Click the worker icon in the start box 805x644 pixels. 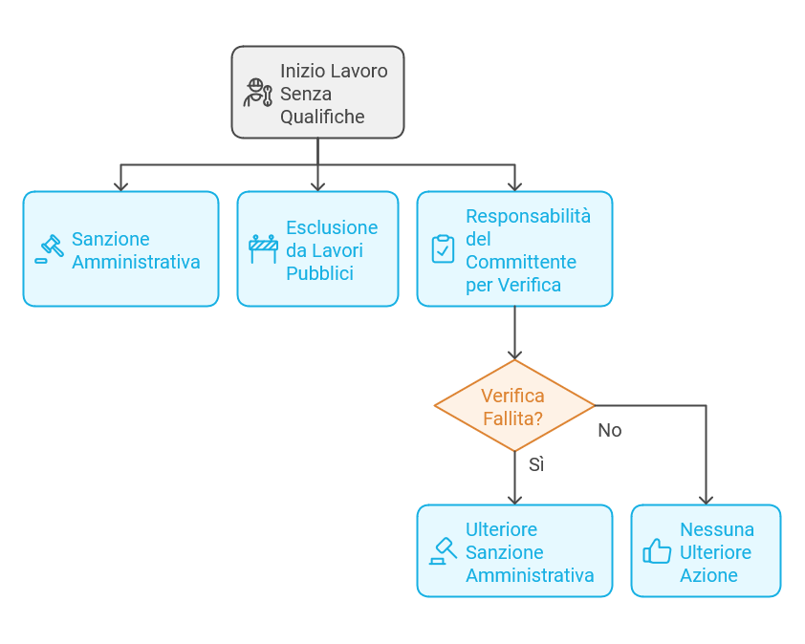click(257, 93)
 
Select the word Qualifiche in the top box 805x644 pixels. click(322, 117)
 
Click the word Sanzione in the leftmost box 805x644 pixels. click(111, 239)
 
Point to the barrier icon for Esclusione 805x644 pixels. click(263, 247)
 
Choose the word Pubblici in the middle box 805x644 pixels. click(319, 273)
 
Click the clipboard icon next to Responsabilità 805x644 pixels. click(443, 248)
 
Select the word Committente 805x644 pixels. click(521, 262)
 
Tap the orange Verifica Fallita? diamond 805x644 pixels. click(514, 406)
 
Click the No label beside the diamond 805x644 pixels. click(610, 430)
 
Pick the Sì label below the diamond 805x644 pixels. click(536, 465)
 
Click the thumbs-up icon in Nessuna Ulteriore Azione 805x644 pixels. click(657, 551)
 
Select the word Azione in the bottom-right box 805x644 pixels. click(708, 575)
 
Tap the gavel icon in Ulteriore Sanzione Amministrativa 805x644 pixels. click(443, 551)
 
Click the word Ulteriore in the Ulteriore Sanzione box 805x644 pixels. click(501, 529)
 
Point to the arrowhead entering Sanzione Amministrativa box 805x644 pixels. click(120, 185)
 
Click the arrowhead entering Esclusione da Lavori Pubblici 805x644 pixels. click(318, 185)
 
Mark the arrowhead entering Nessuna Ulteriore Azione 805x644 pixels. click(707, 499)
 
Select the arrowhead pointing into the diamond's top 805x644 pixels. click(515, 354)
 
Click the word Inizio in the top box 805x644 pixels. click(302, 71)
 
